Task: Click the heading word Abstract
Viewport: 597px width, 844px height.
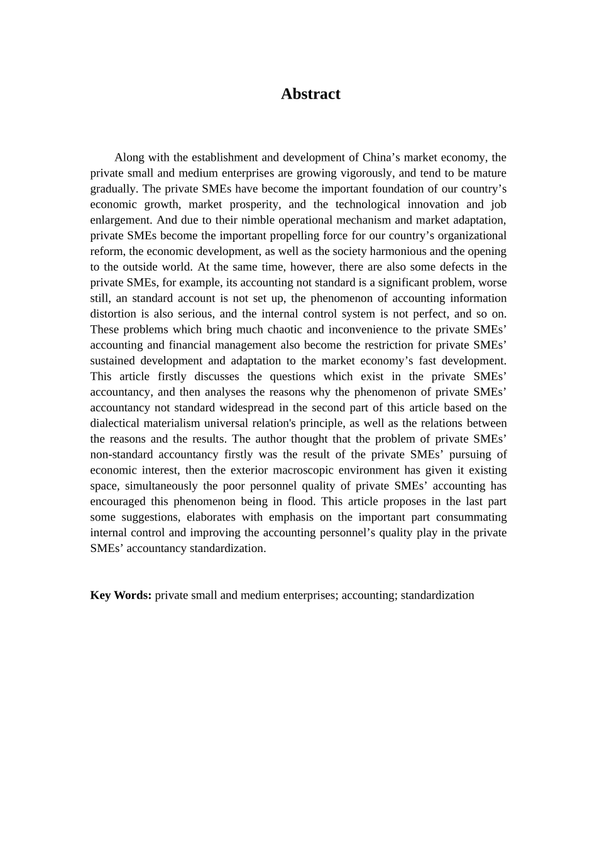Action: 310,94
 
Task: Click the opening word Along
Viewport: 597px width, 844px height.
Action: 129,158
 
